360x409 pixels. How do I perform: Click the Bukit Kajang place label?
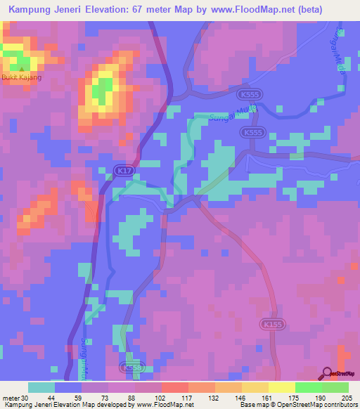22,77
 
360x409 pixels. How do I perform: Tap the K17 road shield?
123,170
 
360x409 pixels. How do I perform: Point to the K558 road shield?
130,367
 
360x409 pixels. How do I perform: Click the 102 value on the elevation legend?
162,398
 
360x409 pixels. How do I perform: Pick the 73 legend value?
109,398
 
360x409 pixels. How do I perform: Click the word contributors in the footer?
337,405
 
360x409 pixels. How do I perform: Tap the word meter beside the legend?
10,398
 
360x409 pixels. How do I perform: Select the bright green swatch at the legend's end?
335,387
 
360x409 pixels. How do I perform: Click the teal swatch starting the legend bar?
41,387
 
